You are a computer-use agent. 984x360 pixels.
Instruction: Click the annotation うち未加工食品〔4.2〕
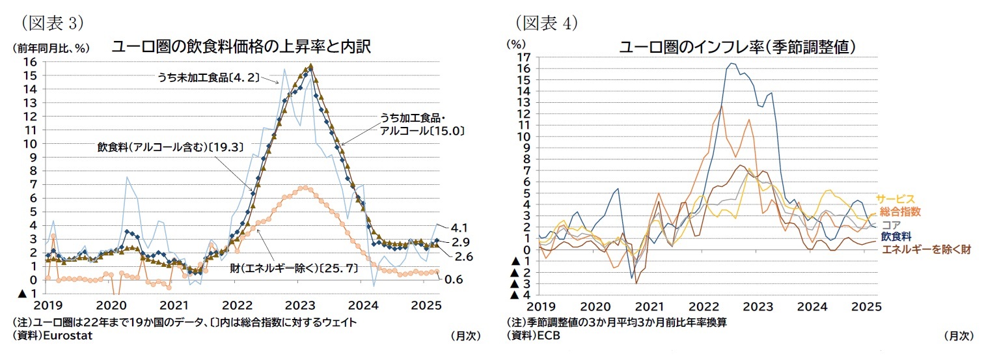(208, 77)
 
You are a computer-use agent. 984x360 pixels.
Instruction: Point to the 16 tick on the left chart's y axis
(30, 62)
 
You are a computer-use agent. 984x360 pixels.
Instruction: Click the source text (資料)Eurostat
(52, 335)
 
